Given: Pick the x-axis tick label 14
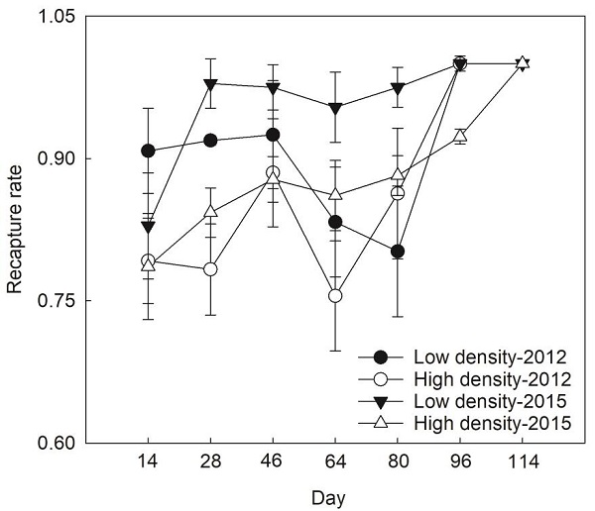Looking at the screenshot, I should pyautogui.click(x=148, y=460).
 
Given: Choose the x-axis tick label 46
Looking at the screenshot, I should pyautogui.click(x=273, y=460).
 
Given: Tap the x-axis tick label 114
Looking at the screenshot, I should pyautogui.click(x=523, y=460).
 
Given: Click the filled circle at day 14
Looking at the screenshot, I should pyautogui.click(x=148, y=151).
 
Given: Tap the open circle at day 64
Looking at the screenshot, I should pyautogui.click(x=335, y=295).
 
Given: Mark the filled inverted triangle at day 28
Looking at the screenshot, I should pyautogui.click(x=210, y=84).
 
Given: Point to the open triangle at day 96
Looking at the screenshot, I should pyautogui.click(x=460, y=136).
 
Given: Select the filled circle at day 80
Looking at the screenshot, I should pyautogui.click(x=398, y=251).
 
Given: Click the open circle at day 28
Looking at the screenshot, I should pyautogui.click(x=210, y=269).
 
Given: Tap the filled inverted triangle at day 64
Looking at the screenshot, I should pyautogui.click(x=335, y=109).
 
